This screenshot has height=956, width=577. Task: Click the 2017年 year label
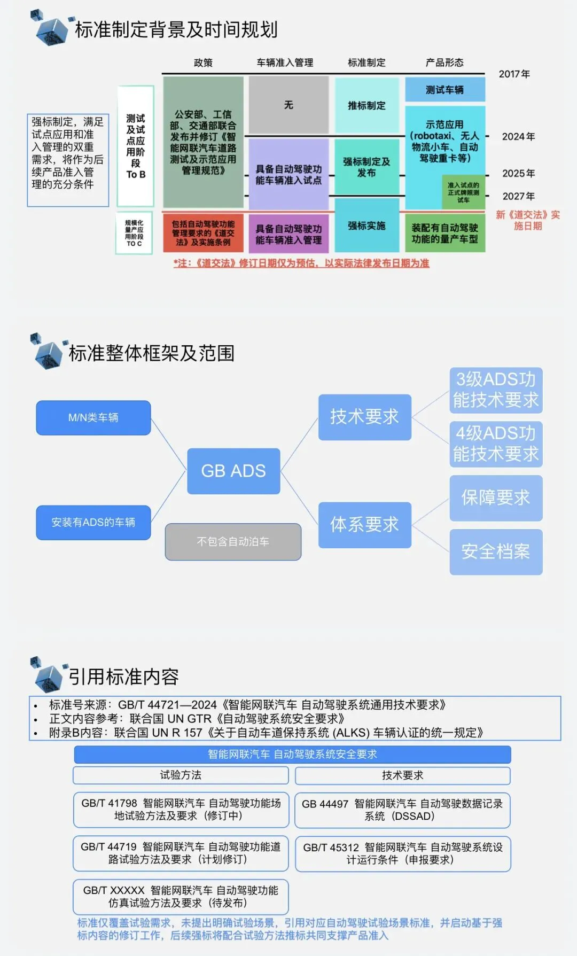tap(514, 74)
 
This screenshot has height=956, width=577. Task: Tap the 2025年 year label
tap(518, 173)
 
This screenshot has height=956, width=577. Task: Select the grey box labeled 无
tap(288, 105)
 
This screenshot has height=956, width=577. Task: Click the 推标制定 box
tap(367, 105)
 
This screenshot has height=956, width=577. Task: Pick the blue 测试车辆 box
tap(445, 90)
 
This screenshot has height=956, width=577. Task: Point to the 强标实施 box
tap(367, 226)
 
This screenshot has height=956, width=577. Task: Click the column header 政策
tap(203, 63)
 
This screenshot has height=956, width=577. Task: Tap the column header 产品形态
tap(445, 63)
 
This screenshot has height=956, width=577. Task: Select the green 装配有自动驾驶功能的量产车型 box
tap(445, 233)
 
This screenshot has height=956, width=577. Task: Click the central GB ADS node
tap(233, 471)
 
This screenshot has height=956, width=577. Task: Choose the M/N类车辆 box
tap(93, 417)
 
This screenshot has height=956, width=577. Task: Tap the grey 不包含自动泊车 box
tap(233, 541)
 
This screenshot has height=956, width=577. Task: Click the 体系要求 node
tap(364, 525)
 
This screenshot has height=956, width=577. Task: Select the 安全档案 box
tap(496, 551)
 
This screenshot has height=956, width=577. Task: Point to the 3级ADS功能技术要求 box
tap(496, 390)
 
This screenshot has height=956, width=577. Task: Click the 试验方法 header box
tap(181, 775)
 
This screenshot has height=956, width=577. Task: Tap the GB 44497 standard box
tap(402, 810)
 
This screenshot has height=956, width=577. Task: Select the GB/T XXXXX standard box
tap(181, 896)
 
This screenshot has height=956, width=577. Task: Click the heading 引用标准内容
tap(124, 677)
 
